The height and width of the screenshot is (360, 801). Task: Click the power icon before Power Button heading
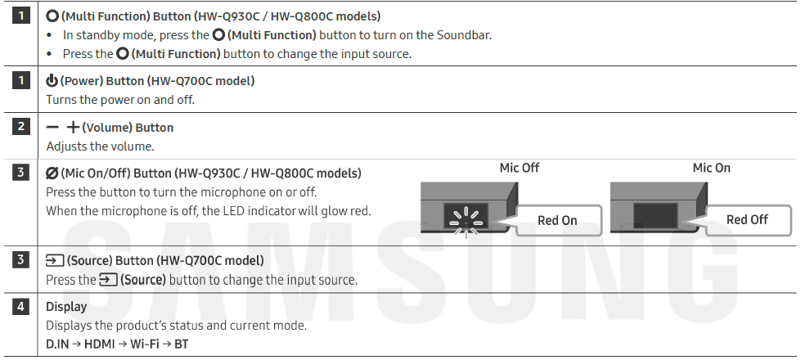52,81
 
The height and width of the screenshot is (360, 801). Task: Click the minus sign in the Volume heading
53,128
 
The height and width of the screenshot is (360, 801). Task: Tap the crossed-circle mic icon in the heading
52,173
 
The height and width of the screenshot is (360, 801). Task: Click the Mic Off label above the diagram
520,168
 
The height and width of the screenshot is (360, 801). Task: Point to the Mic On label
711,168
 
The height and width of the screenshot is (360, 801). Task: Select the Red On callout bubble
556,220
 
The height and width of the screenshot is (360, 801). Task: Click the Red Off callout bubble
746,219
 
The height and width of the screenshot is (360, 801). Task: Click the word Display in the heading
66,307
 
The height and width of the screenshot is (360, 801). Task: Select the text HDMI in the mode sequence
99,344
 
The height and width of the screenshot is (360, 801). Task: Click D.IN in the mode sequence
57,344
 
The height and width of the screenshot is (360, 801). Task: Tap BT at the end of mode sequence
181,344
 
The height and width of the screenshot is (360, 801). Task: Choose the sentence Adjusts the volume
100,146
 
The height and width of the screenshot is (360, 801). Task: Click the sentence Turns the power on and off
120,100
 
